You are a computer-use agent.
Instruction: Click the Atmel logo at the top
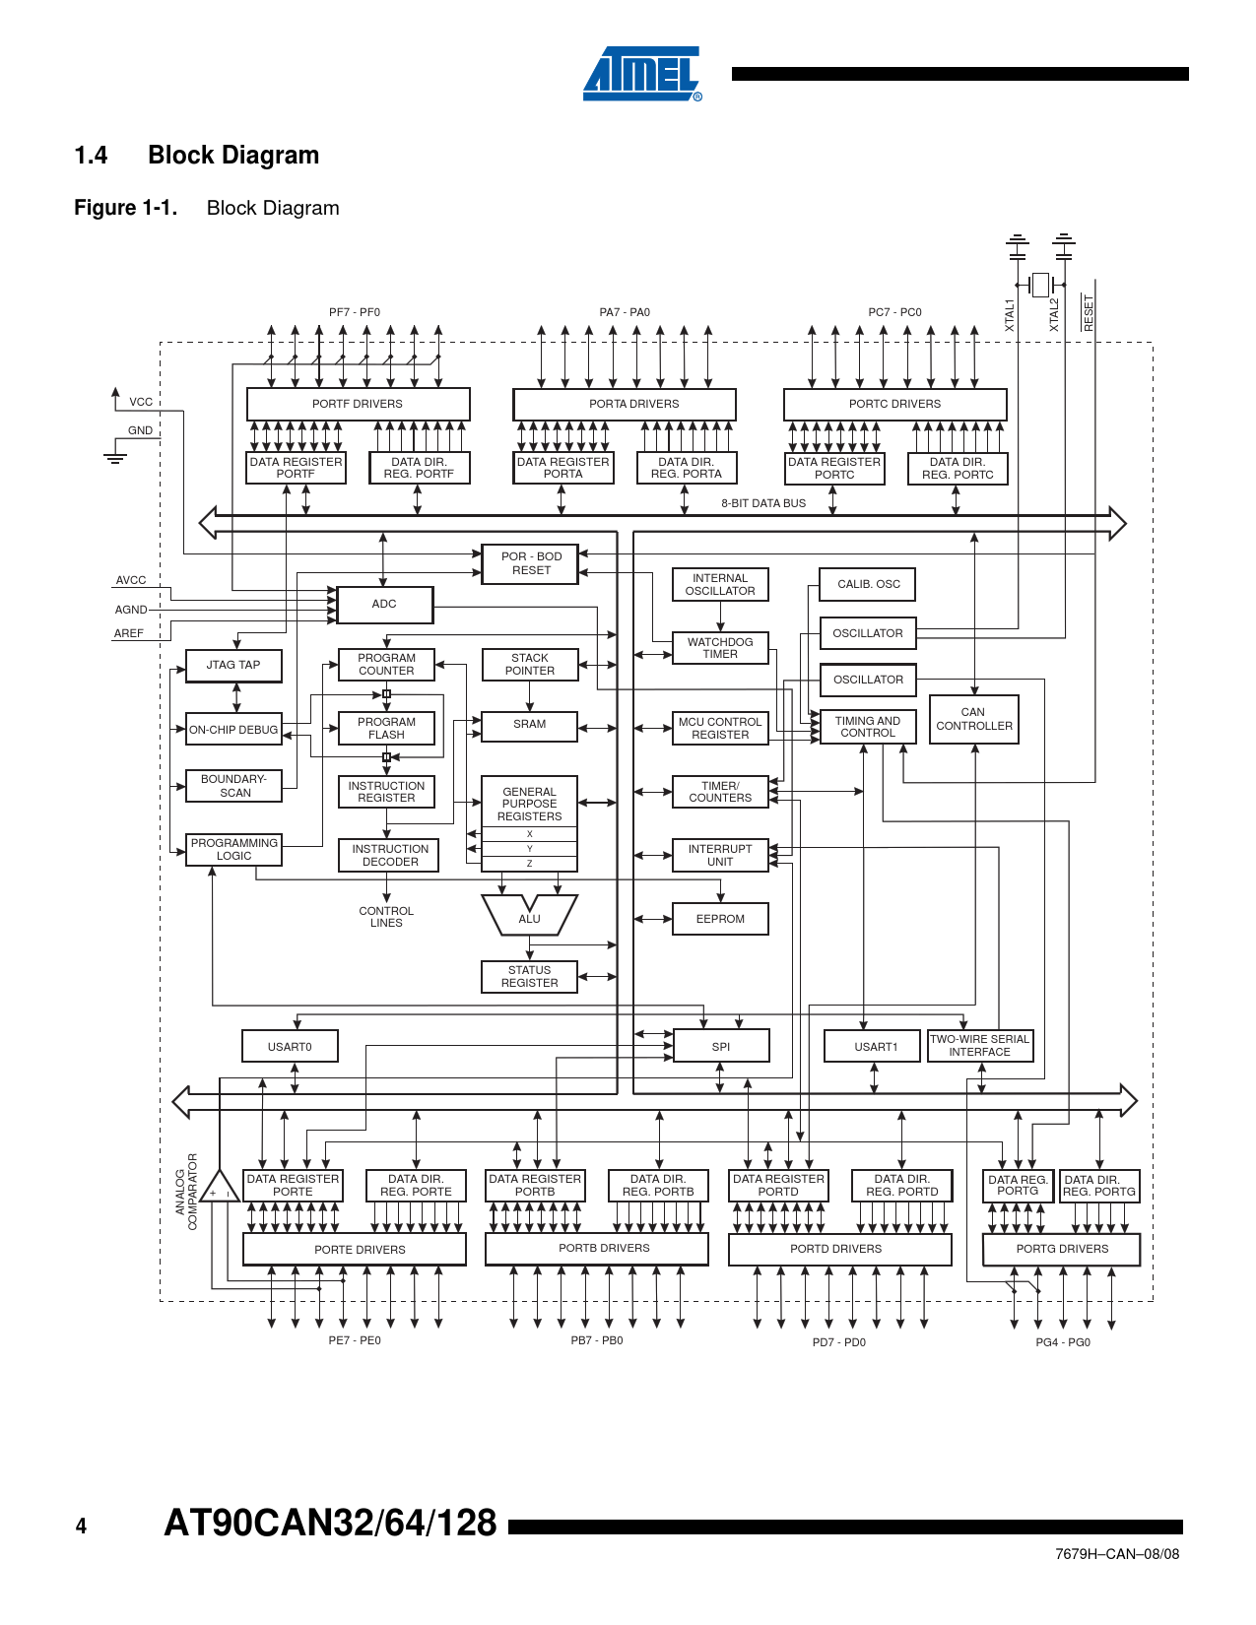tap(641, 74)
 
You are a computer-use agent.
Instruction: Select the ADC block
tap(384, 605)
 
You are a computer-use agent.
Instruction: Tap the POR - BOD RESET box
tap(530, 563)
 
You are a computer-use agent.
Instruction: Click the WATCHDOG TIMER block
tap(720, 648)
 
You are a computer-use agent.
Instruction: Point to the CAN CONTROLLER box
tap(973, 719)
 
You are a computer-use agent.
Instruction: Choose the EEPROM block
tap(720, 919)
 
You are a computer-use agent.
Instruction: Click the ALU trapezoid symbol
tap(529, 915)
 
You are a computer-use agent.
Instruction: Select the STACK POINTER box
tap(530, 665)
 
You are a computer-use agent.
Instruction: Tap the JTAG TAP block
tap(233, 666)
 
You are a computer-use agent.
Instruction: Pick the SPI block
tap(720, 1047)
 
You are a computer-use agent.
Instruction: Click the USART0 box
tap(290, 1047)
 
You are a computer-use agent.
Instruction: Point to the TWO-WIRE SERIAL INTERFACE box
tap(979, 1046)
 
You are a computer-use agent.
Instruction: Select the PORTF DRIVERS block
tap(358, 404)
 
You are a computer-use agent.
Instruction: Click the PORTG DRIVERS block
tap(1061, 1249)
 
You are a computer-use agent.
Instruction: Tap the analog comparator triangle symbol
tap(220, 1188)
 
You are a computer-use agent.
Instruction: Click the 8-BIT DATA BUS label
tap(762, 503)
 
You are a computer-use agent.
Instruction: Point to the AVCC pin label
tap(131, 581)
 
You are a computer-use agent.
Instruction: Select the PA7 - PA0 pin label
tap(625, 312)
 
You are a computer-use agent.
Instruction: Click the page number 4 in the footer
tap(81, 1527)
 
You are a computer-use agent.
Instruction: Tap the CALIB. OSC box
tap(868, 584)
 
